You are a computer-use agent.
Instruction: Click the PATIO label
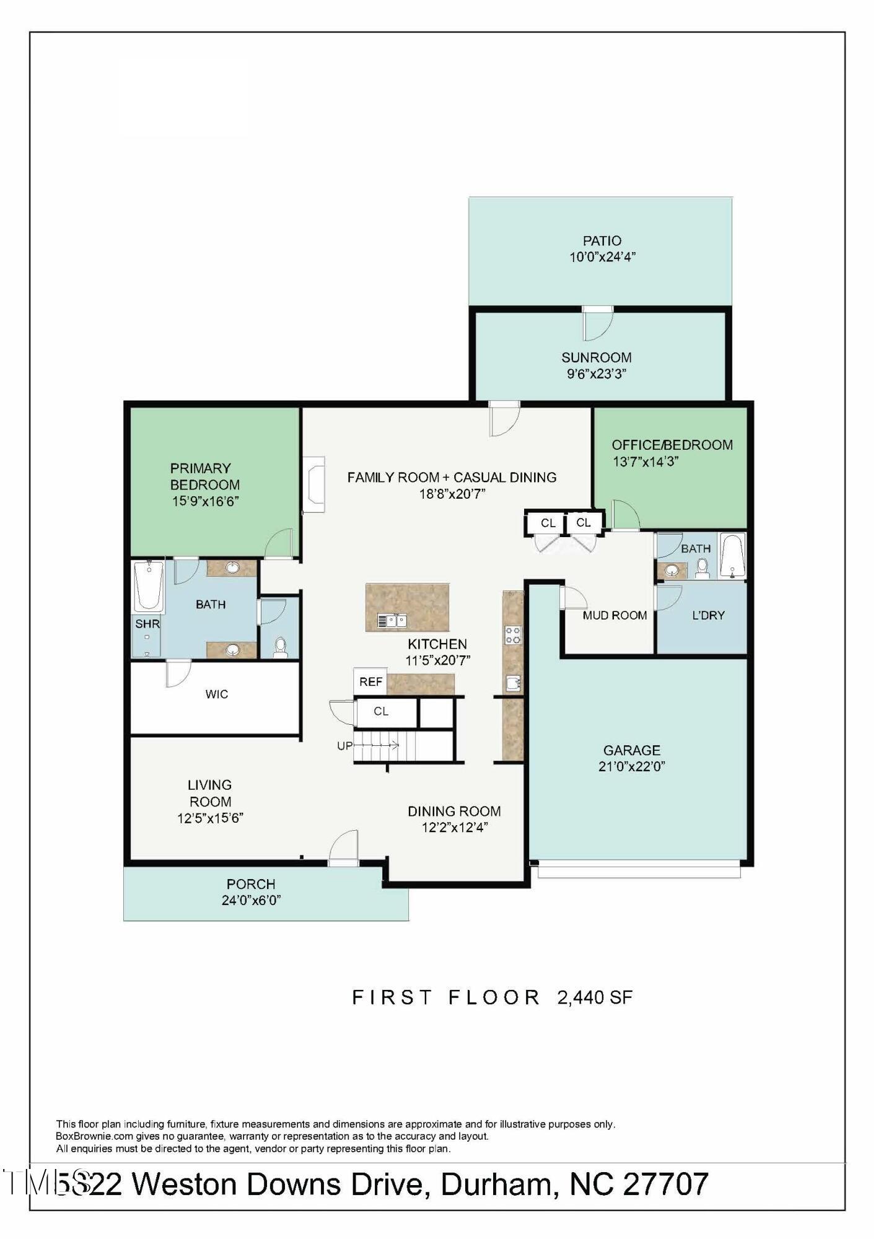point(602,240)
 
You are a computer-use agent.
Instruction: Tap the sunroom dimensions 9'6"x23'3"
point(597,374)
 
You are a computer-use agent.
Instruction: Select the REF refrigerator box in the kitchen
point(370,681)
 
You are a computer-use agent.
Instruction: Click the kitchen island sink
point(393,619)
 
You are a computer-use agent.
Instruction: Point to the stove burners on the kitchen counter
point(513,635)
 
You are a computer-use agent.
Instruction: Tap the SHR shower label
point(147,624)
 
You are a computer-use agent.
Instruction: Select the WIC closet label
point(217,694)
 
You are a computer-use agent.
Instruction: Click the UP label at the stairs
point(344,746)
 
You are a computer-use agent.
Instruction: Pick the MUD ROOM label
point(615,615)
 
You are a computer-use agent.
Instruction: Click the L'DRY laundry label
point(708,615)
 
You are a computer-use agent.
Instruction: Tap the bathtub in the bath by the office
point(732,556)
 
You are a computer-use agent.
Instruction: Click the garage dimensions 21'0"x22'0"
point(631,766)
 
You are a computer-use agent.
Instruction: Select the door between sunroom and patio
point(597,310)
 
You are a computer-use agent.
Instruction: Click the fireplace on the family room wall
point(313,485)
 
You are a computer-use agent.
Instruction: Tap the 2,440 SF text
point(595,997)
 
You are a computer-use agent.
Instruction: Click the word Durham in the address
point(496,1184)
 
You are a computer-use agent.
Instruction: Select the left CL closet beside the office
point(548,523)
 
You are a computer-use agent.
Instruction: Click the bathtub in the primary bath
point(149,585)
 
